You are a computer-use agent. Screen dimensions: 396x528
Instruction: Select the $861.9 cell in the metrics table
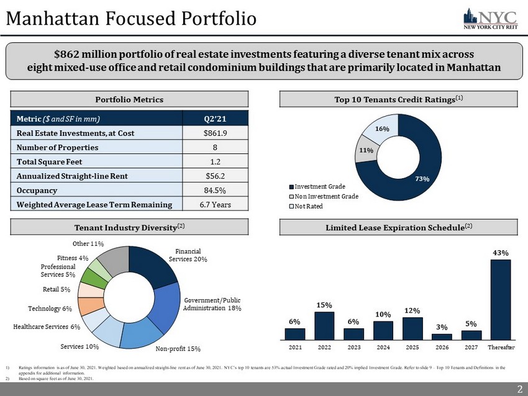click(x=214, y=133)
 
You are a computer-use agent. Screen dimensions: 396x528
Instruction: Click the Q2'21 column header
click(x=214, y=118)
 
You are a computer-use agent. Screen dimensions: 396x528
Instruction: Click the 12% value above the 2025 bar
click(x=412, y=310)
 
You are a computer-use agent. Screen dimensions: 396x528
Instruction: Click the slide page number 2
click(x=518, y=389)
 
